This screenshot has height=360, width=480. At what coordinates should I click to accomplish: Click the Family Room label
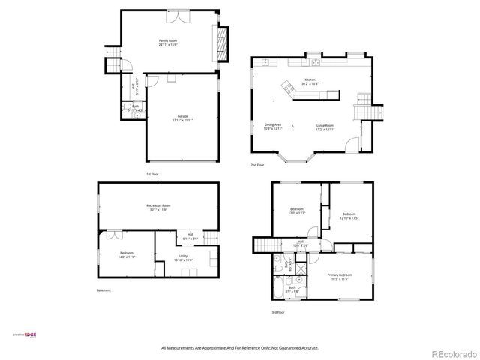167,43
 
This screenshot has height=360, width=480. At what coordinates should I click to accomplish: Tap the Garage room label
182,118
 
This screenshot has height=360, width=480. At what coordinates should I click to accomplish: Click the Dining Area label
272,127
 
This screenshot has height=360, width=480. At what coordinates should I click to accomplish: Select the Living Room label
325,127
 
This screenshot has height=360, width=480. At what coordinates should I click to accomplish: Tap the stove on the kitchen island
289,88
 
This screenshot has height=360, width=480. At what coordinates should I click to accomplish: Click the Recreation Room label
158,207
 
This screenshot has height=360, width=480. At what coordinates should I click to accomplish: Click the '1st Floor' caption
152,174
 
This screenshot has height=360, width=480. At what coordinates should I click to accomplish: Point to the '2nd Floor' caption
257,164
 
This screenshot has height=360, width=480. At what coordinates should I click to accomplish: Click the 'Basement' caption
104,289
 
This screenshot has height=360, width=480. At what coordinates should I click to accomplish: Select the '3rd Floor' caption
278,311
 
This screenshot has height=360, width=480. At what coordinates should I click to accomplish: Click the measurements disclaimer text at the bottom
240,348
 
